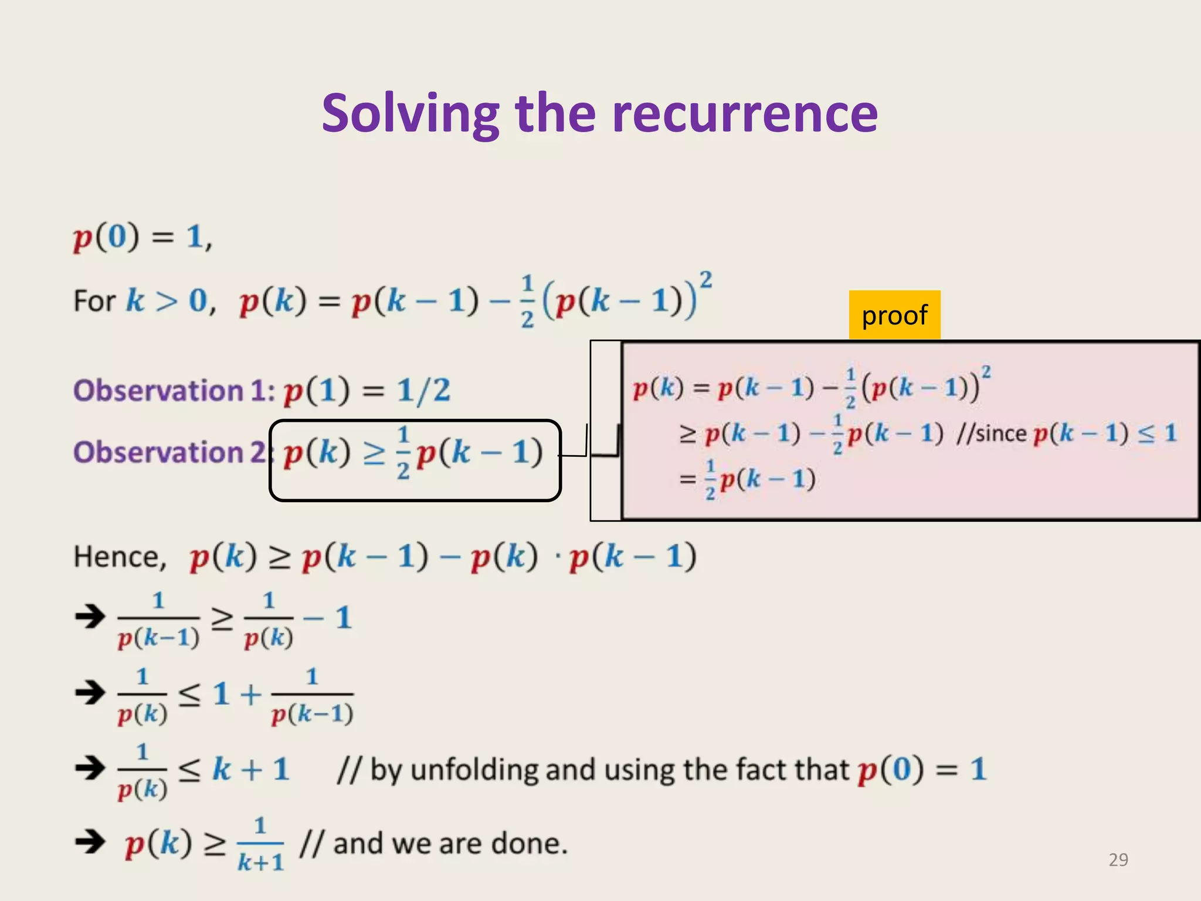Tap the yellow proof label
click(894, 315)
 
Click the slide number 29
click(1118, 859)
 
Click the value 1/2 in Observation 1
click(423, 391)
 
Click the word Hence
click(120, 556)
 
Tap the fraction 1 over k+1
click(260, 844)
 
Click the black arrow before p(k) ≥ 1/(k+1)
click(90, 842)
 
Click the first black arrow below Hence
click(90, 617)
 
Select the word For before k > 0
click(94, 301)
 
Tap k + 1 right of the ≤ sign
click(251, 769)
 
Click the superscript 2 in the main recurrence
click(706, 279)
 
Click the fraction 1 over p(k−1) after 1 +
click(312, 696)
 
